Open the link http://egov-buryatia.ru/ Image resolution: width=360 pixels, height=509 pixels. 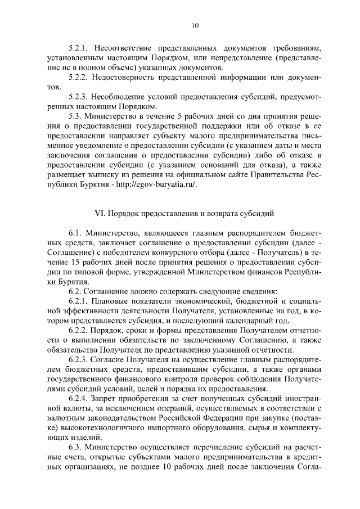click(x=160, y=186)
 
